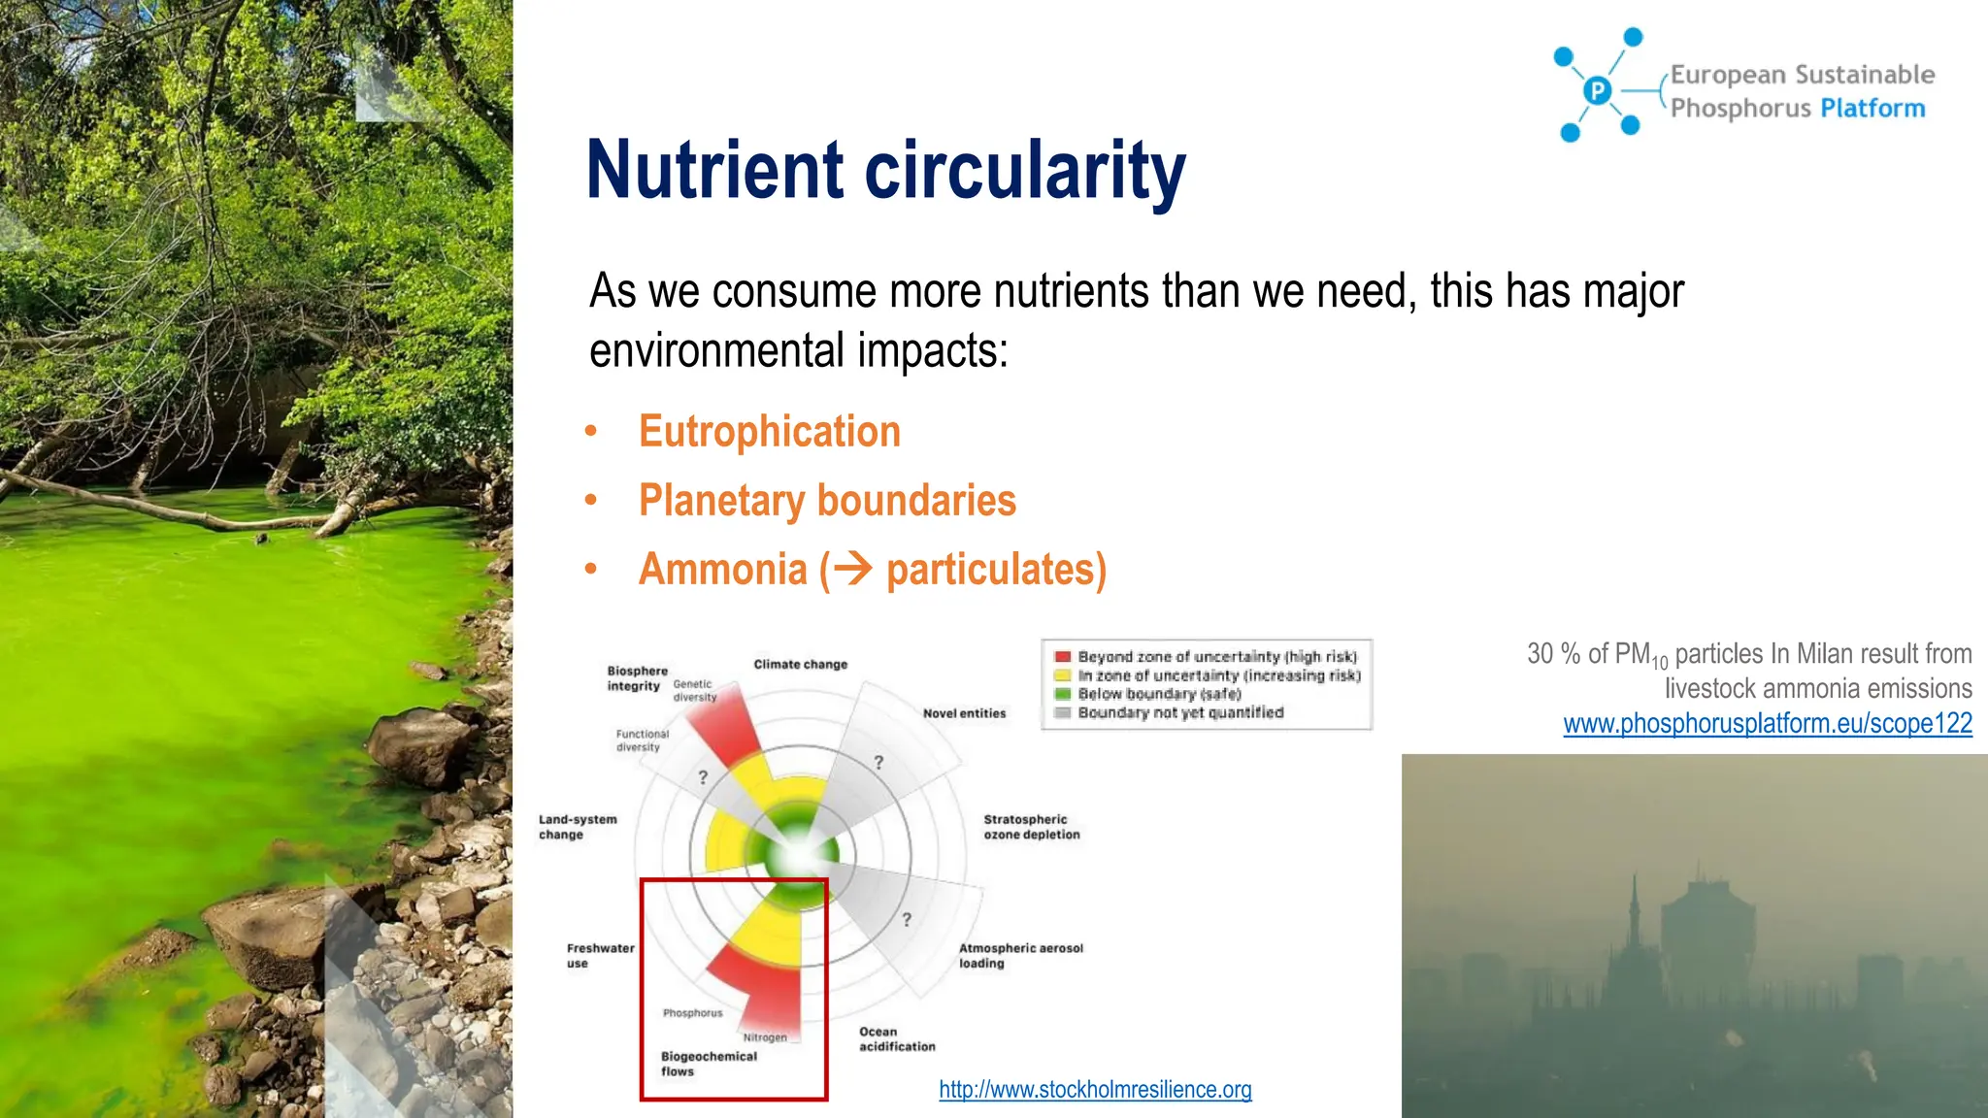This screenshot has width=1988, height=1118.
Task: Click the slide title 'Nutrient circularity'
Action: click(x=885, y=171)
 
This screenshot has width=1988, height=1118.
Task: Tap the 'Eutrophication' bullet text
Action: click(x=769, y=432)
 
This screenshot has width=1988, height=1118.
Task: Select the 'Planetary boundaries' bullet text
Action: click(x=826, y=501)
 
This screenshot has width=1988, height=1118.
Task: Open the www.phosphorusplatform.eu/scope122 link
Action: click(x=1767, y=724)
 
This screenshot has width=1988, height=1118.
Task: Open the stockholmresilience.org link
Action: click(x=1095, y=1090)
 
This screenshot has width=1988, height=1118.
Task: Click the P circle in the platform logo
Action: click(x=1597, y=91)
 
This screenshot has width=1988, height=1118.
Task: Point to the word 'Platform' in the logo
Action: click(x=1872, y=108)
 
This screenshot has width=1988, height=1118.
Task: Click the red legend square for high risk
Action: click(x=1063, y=657)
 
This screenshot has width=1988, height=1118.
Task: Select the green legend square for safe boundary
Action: click(x=1063, y=694)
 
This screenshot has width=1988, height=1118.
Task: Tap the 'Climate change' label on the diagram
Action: click(x=800, y=665)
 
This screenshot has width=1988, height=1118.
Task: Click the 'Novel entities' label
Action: click(x=964, y=713)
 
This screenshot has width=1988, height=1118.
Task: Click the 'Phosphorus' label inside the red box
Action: click(x=692, y=1013)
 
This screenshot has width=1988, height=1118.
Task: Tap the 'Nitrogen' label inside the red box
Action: click(x=765, y=1037)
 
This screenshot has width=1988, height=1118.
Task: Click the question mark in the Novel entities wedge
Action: click(x=878, y=763)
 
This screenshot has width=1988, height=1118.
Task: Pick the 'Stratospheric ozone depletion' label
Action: click(x=1031, y=827)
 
